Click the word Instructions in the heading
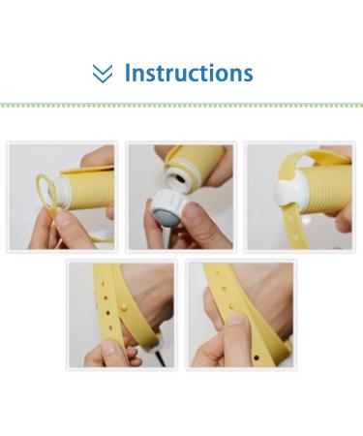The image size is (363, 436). point(189,73)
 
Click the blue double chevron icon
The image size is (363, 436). point(103,74)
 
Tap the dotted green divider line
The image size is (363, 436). point(181,106)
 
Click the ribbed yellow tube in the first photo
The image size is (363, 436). point(90,189)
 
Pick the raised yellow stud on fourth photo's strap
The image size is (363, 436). point(123,307)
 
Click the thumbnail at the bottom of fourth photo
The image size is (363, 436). point(109,348)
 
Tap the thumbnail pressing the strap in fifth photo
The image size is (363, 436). point(237,320)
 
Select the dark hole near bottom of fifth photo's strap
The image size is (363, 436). point(257,358)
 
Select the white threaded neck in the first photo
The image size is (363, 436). point(61,192)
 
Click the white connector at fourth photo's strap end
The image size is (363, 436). point(152,346)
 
